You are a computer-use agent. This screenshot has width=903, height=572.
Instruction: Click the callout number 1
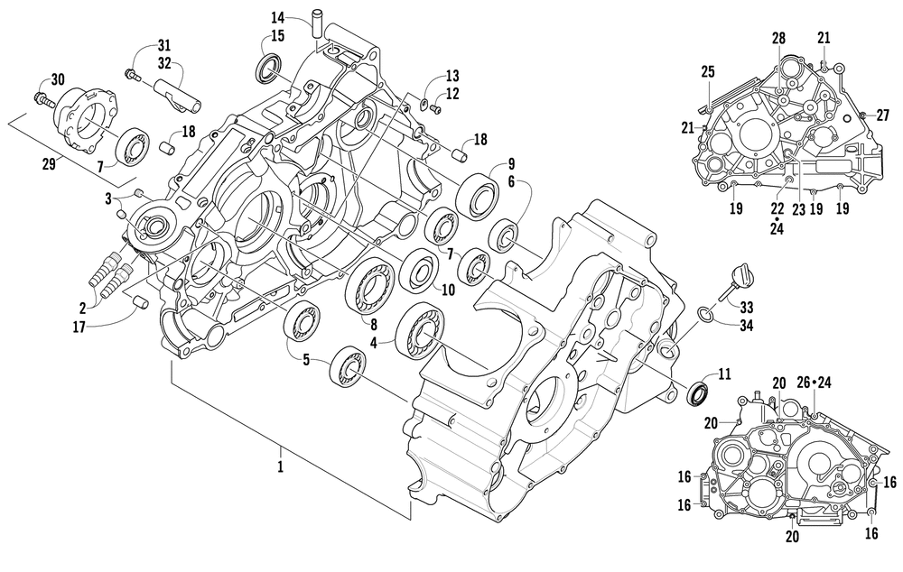click(281, 466)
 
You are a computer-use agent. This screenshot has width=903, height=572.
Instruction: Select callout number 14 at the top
click(277, 17)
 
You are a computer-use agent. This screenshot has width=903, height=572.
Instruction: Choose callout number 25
click(708, 71)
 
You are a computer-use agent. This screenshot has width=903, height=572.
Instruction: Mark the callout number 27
click(883, 115)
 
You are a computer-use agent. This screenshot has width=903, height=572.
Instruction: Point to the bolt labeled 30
click(42, 95)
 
